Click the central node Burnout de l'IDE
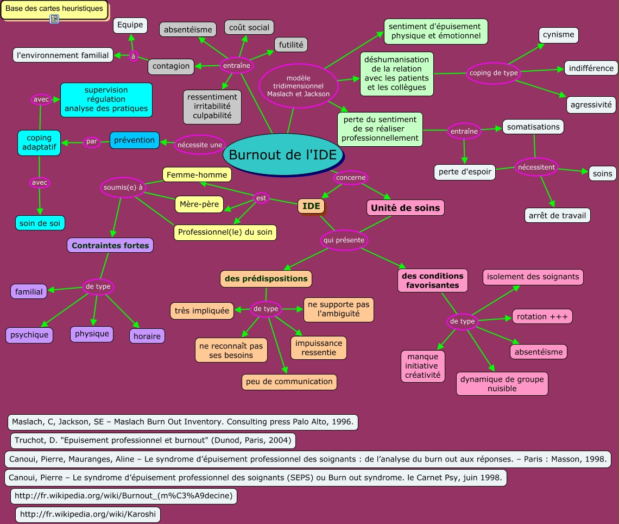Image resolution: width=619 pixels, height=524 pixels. click(x=286, y=155)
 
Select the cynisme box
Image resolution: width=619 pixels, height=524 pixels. click(x=558, y=35)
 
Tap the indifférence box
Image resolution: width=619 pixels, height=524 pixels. click(x=591, y=68)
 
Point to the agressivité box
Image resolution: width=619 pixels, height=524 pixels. click(x=591, y=105)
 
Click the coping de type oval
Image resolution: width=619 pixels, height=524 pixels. click(x=494, y=73)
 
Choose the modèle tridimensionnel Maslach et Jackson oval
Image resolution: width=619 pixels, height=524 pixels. click(x=298, y=86)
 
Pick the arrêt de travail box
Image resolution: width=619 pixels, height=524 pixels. click(x=557, y=216)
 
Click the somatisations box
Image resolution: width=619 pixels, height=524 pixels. click(x=533, y=127)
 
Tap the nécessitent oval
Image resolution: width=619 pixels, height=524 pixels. click(x=536, y=167)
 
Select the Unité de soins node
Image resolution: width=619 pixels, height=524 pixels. click(x=406, y=208)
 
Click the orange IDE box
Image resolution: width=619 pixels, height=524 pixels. click(x=311, y=206)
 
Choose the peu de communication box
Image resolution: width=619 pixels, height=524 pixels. click(x=289, y=382)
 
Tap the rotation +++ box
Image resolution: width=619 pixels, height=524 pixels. click(x=542, y=316)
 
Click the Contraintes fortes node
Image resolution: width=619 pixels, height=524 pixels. click(x=110, y=246)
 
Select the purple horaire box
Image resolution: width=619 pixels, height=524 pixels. click(x=147, y=336)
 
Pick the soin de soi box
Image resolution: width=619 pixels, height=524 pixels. click(x=40, y=222)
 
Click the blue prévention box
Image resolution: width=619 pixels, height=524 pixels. click(x=134, y=140)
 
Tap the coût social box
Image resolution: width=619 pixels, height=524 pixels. click(x=249, y=27)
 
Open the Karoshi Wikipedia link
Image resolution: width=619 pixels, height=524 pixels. click(x=87, y=514)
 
